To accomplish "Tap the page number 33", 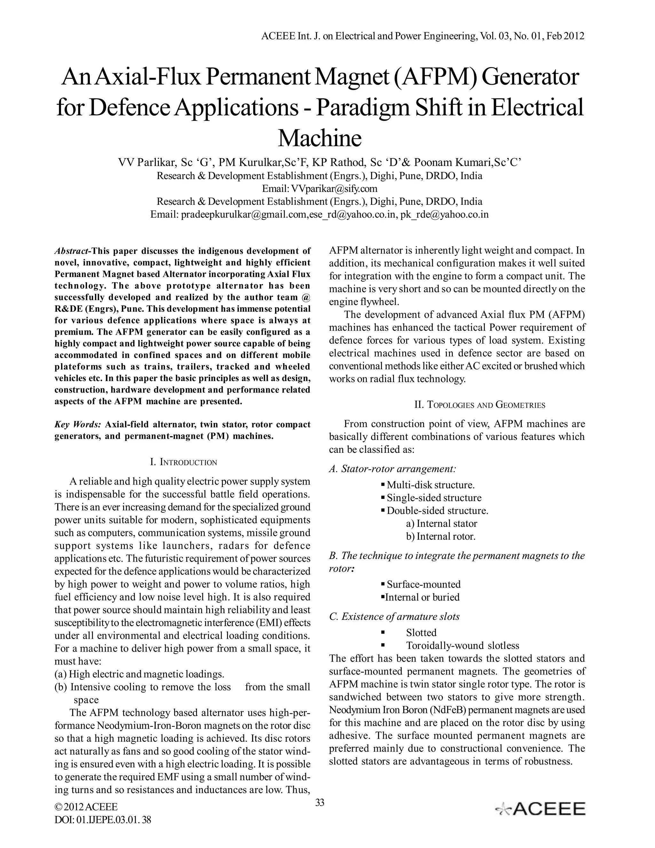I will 320,803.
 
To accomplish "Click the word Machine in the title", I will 320,138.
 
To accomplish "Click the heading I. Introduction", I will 183,462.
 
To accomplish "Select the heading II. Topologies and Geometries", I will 480,405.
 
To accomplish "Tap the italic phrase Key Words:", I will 78,424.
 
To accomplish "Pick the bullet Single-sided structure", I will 434,498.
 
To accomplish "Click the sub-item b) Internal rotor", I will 440,536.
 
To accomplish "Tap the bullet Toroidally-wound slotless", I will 462,645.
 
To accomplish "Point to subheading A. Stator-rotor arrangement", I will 392,469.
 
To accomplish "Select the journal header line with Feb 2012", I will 422,36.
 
